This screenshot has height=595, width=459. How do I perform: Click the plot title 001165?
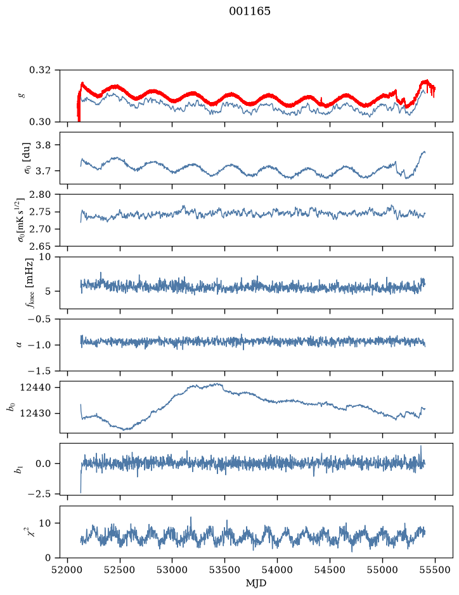click(250, 11)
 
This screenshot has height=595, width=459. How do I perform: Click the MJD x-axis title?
click(256, 583)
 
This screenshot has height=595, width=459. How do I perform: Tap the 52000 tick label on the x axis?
click(68, 570)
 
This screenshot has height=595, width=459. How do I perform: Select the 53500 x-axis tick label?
click(225, 570)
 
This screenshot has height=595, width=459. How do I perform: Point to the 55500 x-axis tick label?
click(435, 570)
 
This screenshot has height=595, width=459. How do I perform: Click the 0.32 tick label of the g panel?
click(40, 70)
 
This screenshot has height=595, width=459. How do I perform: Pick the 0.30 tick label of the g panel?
click(40, 122)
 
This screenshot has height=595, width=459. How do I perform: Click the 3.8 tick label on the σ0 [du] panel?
click(43, 145)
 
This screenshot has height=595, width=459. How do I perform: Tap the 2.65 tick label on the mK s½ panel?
click(40, 246)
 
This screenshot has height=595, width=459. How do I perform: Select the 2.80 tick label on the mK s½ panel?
click(40, 195)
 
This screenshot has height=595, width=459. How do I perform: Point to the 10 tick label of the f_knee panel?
click(44, 257)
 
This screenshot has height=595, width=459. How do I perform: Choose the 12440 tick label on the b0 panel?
click(36, 387)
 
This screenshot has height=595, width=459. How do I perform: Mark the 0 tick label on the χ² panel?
click(48, 558)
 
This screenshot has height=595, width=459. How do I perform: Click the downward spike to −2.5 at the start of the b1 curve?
click(81, 492)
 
